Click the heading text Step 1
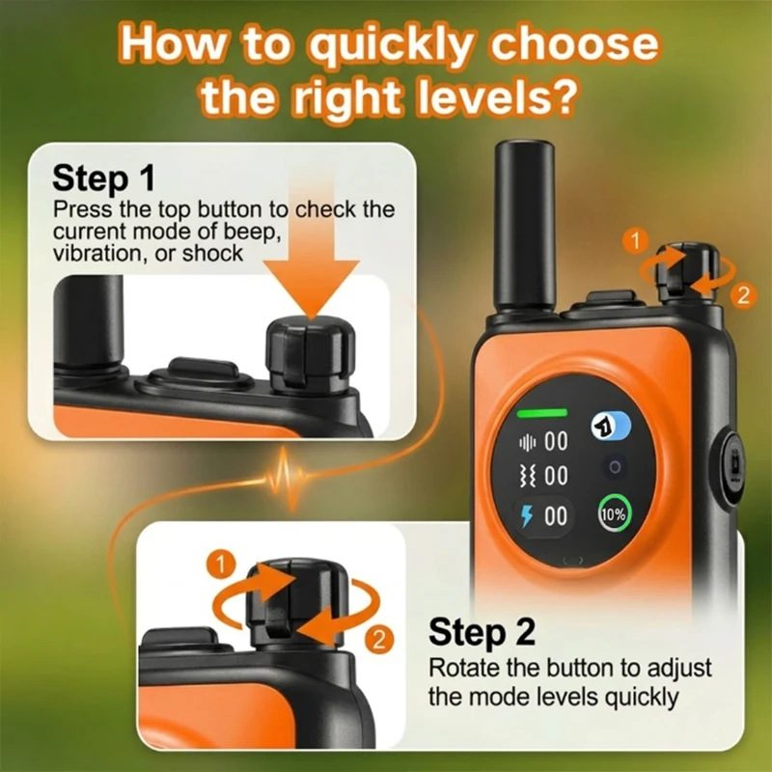click(x=103, y=179)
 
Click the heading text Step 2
click(x=482, y=632)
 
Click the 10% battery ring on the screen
click(x=614, y=514)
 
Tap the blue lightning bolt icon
click(x=527, y=516)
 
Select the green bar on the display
click(x=541, y=413)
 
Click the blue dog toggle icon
click(x=611, y=425)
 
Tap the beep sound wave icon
click(x=527, y=442)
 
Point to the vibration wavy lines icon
click(x=527, y=477)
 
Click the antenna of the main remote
click(x=525, y=227)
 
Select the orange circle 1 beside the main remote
click(x=636, y=240)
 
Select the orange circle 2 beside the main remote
click(x=743, y=295)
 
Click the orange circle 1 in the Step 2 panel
click(x=221, y=565)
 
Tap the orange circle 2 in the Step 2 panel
click(x=379, y=640)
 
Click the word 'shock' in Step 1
click(x=212, y=254)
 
